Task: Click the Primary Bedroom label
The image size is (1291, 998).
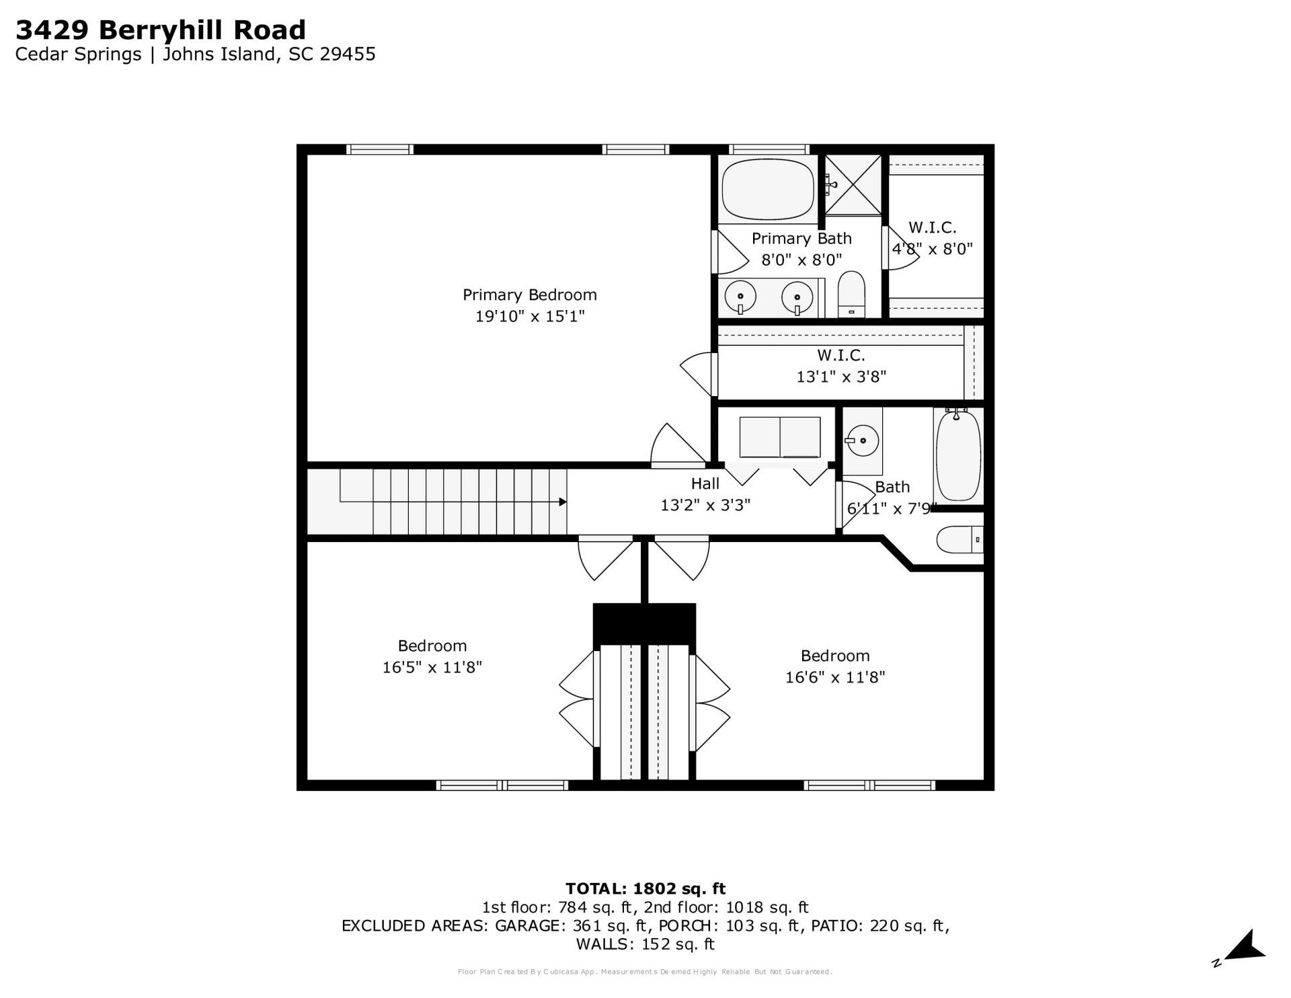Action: click(529, 295)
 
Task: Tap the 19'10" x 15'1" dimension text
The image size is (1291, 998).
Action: click(529, 316)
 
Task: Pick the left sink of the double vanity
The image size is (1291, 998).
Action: click(740, 296)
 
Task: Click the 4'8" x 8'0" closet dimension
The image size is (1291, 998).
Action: click(932, 249)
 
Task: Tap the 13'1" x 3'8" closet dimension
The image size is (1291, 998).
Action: click(841, 377)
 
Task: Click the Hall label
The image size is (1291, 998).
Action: click(705, 484)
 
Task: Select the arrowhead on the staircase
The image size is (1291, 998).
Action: click(561, 502)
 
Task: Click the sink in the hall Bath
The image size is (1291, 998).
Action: click(862, 441)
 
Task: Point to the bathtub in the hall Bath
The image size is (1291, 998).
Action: click(957, 455)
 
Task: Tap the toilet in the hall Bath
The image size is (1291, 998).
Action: click(960, 539)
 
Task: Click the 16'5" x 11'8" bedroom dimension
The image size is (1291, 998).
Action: click(432, 667)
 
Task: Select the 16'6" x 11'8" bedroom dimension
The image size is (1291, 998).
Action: click(835, 677)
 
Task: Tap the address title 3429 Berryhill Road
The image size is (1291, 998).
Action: click(161, 30)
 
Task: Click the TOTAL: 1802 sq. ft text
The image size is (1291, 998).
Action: click(645, 889)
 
